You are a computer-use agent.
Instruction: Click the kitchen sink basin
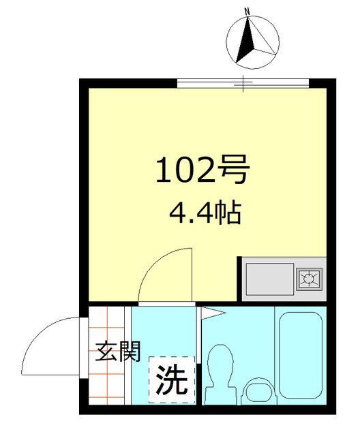[269, 277]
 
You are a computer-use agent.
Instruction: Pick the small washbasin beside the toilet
[258, 391]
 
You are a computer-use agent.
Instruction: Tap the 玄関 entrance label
[118, 352]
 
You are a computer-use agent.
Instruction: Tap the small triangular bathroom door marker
[211, 313]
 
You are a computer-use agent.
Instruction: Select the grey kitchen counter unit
[283, 278]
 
